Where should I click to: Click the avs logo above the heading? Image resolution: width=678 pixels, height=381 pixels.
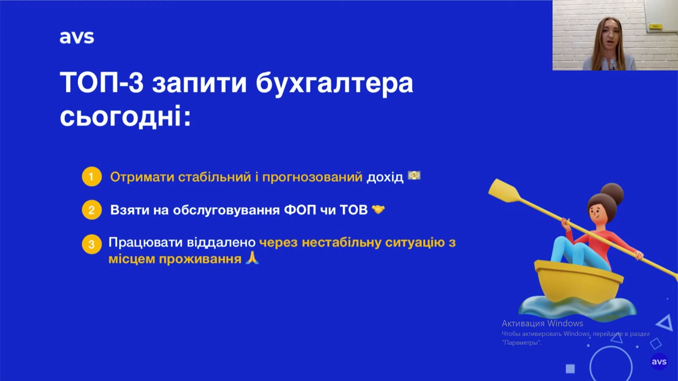pos(77,37)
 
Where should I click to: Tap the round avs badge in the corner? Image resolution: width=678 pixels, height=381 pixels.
pos(659,362)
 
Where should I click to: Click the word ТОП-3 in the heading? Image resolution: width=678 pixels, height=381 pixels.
pos(102,83)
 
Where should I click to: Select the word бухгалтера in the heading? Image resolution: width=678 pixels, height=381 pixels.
pos(334,84)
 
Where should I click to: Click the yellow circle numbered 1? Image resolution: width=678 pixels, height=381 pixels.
pos(92,176)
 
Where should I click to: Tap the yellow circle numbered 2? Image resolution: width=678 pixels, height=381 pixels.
pos(92,210)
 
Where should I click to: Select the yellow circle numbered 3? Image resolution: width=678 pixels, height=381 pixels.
pos(92,244)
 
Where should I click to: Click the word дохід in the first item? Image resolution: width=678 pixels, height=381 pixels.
pos(385,177)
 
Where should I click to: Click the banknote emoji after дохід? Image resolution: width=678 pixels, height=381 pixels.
pos(414,175)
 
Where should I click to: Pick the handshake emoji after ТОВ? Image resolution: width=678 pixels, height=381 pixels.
pos(378,210)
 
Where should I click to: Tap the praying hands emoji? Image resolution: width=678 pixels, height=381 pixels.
pos(252,258)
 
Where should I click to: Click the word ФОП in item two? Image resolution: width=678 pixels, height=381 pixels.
pos(300,210)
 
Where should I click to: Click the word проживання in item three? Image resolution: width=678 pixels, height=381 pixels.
pos(200,259)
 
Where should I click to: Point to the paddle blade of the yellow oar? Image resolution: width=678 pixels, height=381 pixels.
pos(504,191)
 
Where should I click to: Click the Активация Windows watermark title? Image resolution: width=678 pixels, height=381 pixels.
pos(542,323)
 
